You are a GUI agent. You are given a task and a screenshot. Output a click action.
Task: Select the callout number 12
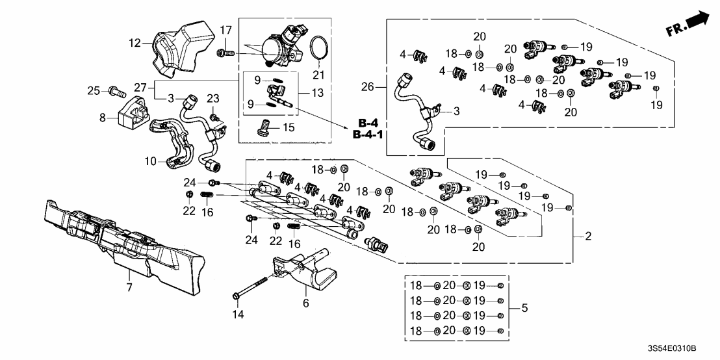[x=135, y=44]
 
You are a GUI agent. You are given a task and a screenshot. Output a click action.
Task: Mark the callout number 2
[x=587, y=237]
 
